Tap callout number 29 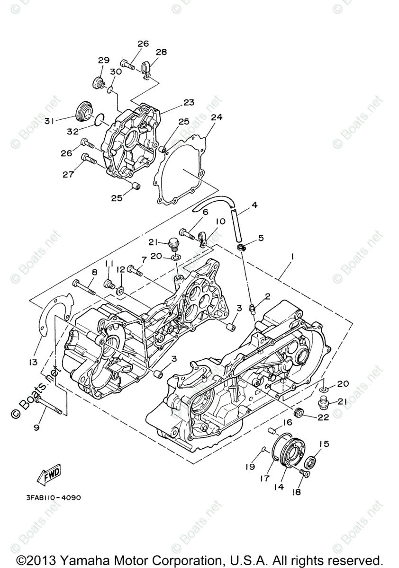(104, 60)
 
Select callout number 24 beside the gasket (217, 117)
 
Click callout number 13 (33, 362)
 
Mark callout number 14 (279, 486)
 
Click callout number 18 (297, 492)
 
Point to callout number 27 (68, 175)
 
